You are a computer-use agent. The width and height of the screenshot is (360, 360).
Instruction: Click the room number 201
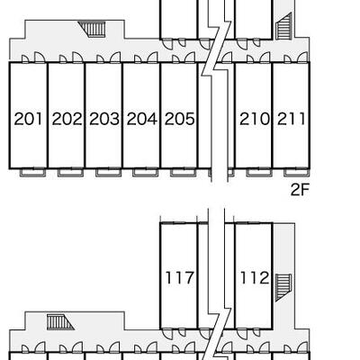pos(29,119)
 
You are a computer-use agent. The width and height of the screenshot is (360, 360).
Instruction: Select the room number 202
pos(67,119)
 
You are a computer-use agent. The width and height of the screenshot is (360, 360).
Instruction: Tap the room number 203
pos(104,119)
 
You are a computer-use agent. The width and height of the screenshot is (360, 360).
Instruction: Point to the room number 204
pos(142,119)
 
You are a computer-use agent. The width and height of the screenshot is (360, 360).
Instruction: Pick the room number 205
pos(180,119)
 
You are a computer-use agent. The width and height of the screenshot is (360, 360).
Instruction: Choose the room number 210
pos(255,119)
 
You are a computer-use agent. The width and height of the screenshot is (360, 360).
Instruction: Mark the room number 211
pos(292,119)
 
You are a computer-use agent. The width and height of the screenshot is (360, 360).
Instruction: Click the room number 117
pos(180,277)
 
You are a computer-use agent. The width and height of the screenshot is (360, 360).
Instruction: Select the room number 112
pos(255,277)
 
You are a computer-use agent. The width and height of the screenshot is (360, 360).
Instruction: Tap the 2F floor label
pos(300,190)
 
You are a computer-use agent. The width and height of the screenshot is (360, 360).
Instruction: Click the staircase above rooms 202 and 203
pos(92,29)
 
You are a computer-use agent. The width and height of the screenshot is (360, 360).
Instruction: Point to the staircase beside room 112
pos(283,287)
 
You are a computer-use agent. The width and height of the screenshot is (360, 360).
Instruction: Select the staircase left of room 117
pos(60,322)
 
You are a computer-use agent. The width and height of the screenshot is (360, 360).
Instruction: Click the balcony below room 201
pos(33,173)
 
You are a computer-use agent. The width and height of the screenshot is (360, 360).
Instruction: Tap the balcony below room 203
pos(109,173)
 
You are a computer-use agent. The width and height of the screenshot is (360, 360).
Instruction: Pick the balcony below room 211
pos(297,173)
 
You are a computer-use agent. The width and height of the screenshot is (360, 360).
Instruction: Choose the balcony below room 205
pos(184,173)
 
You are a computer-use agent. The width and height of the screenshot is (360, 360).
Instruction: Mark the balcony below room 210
pos(259,173)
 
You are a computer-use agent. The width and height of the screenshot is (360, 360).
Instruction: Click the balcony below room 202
pos(71,173)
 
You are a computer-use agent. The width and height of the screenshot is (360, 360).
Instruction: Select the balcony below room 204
pos(146,173)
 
